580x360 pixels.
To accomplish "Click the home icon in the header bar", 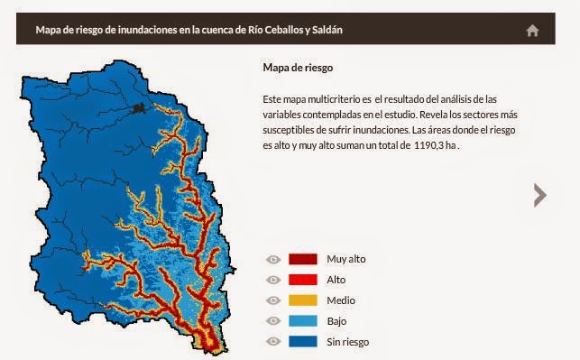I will [x=532, y=30].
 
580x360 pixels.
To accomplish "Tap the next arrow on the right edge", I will [x=539, y=194].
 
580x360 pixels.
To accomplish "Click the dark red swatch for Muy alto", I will [x=302, y=259].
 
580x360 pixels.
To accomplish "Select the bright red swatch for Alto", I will [x=302, y=280].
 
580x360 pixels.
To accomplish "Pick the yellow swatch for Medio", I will [x=302, y=300].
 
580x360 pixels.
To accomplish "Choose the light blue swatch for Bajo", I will [x=302, y=320].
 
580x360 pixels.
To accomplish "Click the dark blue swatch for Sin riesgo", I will [x=302, y=341].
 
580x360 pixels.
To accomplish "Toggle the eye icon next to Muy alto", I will [x=274, y=259].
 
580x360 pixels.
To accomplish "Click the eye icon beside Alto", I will [x=274, y=280].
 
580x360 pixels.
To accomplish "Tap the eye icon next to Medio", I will [x=274, y=300].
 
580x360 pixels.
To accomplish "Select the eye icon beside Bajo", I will [x=274, y=320].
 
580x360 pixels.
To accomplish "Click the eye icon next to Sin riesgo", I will [x=274, y=341].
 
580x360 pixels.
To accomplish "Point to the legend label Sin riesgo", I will [x=347, y=342].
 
